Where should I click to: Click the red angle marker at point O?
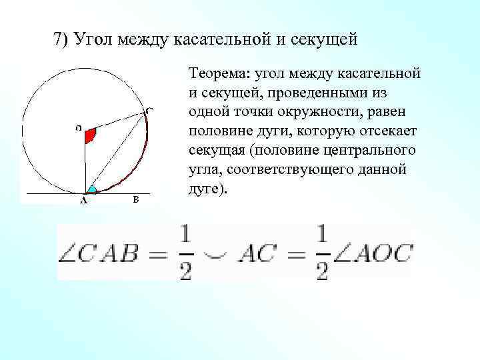(91, 135)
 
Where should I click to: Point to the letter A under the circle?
(83, 199)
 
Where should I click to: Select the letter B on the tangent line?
(135, 199)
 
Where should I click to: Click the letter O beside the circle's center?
(79, 126)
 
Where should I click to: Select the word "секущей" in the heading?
(325, 39)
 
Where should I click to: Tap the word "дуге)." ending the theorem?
(209, 189)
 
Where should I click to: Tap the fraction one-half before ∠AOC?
(321, 253)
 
